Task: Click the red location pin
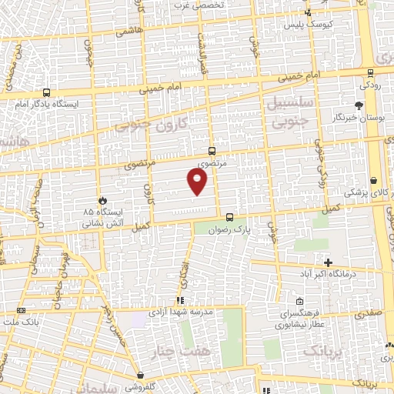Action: pyautogui.click(x=198, y=181)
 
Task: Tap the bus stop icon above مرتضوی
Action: pyautogui.click(x=212, y=152)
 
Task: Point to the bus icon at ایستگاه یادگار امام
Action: pyautogui.click(x=47, y=92)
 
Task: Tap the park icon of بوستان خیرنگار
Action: pyautogui.click(x=359, y=105)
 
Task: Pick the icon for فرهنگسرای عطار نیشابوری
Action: pyautogui.click(x=299, y=302)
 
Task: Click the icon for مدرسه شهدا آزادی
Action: pyautogui.click(x=179, y=301)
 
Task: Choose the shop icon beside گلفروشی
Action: pyautogui.click(x=139, y=375)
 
